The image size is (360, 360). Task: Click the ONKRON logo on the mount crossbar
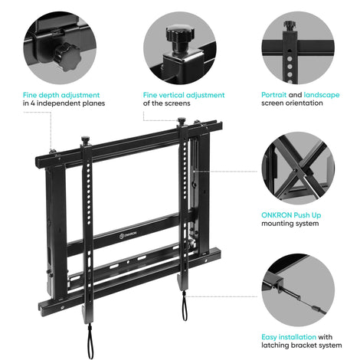tap(128, 235)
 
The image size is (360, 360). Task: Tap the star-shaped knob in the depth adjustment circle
tap(67, 57)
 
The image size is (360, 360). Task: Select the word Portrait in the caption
tap(273, 95)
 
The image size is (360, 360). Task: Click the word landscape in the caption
tap(322, 95)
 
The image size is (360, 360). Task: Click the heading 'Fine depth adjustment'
tap(61, 95)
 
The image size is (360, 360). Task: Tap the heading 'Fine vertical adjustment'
tap(184, 95)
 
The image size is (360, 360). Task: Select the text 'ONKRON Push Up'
tap(291, 215)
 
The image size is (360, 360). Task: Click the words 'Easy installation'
tap(289, 337)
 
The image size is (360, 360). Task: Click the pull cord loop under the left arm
tap(90, 342)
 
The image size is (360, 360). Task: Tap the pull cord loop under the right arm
tap(185, 306)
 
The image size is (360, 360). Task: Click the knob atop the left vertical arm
tap(85, 140)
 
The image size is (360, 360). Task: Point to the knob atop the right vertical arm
tap(182, 121)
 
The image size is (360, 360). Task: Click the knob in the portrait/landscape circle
tap(290, 26)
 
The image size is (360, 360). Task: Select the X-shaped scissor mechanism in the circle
tap(299, 169)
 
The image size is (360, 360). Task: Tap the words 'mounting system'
tap(290, 224)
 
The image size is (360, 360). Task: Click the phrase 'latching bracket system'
tap(302, 345)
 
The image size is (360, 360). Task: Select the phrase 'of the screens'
tap(167, 103)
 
